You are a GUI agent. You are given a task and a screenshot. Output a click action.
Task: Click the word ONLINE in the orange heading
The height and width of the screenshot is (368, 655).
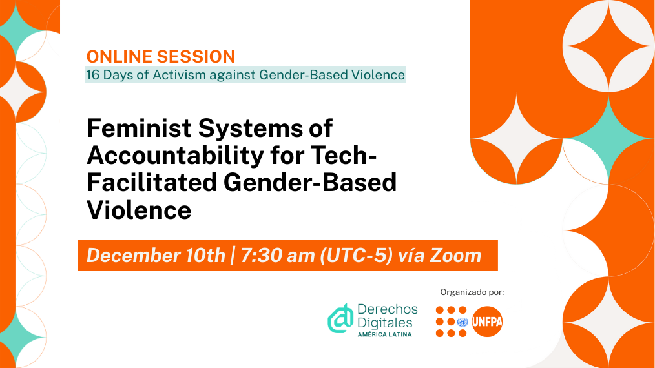(119, 56)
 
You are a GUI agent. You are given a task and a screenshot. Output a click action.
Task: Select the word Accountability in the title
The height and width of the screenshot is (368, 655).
(176, 156)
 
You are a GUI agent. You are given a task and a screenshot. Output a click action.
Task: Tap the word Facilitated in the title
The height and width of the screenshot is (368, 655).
(152, 183)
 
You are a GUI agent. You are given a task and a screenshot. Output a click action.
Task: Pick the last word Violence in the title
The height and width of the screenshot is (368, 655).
(139, 210)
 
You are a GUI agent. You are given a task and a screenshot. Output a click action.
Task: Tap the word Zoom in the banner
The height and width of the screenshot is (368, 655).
(455, 256)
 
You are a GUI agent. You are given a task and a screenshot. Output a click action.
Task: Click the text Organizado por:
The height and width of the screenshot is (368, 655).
(472, 292)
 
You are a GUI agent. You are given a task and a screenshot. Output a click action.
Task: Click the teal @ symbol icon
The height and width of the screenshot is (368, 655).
(340, 319)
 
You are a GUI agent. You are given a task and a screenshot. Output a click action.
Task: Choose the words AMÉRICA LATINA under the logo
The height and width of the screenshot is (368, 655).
(385, 334)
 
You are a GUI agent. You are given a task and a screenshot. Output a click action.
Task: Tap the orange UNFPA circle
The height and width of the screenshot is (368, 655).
(487, 322)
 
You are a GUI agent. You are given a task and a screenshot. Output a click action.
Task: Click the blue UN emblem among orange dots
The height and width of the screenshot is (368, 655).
(463, 322)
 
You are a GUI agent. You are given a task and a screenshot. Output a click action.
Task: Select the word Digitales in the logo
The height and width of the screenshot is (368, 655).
(385, 323)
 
